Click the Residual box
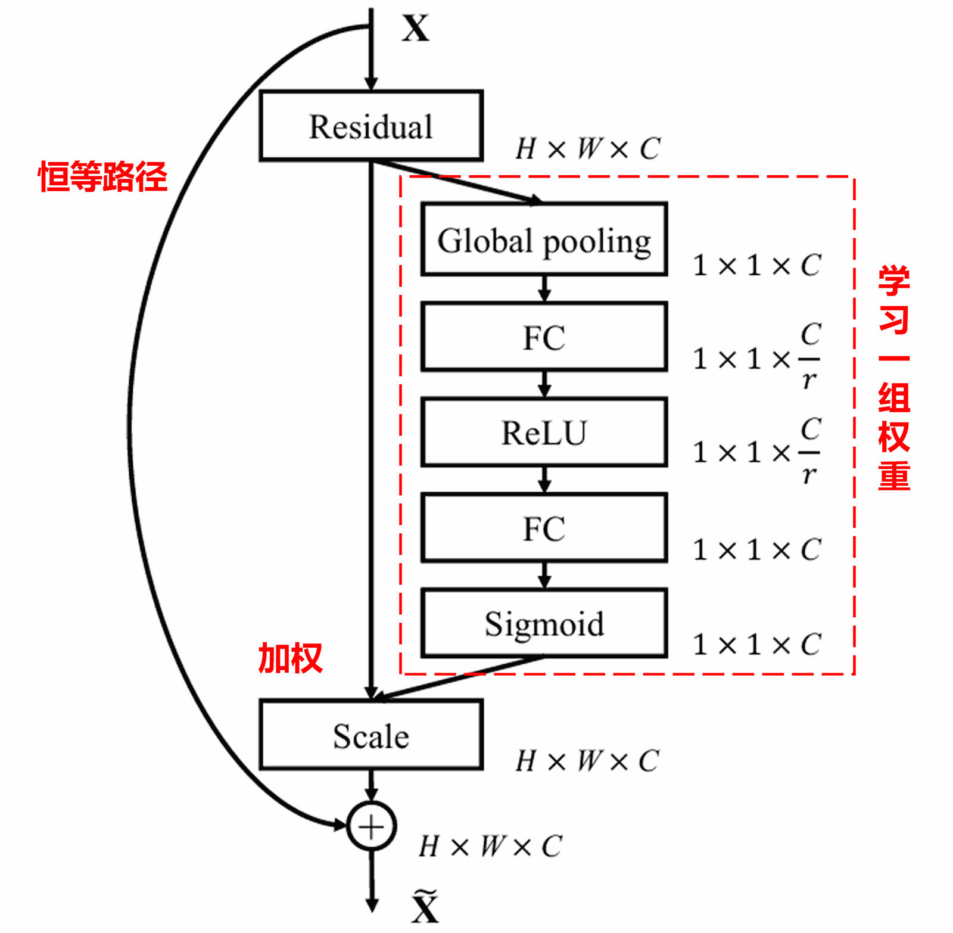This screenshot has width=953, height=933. click(370, 126)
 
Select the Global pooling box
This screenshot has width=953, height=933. click(543, 240)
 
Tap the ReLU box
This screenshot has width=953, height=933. click(543, 432)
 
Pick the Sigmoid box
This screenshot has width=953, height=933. click(543, 623)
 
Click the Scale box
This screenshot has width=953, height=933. click(370, 735)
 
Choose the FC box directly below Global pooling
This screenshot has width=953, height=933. click(543, 337)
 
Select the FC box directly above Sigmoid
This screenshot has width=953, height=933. click(543, 528)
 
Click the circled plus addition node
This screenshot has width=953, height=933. click(371, 826)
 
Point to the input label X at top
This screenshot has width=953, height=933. click(415, 28)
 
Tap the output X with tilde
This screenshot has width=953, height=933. click(425, 907)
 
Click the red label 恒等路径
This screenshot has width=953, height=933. click(102, 177)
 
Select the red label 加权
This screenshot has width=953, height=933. click(290, 658)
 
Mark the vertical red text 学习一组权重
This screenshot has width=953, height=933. click(893, 378)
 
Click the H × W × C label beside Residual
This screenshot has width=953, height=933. click(588, 148)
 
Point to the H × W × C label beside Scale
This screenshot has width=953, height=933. click(587, 761)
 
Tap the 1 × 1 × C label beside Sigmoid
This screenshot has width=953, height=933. click(757, 644)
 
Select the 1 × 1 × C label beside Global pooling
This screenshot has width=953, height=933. click(757, 265)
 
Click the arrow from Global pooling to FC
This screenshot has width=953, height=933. click(544, 289)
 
